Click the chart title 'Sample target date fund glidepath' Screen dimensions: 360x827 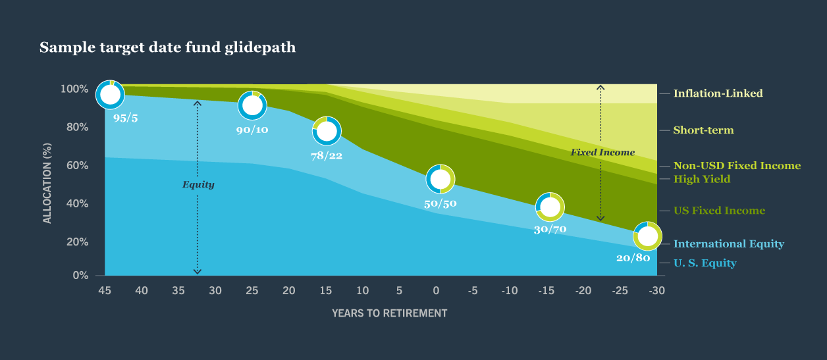(x=167, y=48)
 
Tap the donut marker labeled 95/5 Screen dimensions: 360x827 (x=111, y=95)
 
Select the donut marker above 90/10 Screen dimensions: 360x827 (x=252, y=105)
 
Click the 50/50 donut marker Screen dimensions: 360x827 (x=440, y=178)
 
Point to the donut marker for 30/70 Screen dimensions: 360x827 (x=550, y=207)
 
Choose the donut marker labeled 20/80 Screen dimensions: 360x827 (x=648, y=236)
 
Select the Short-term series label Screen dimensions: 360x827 (x=703, y=130)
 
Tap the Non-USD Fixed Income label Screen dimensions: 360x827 (x=737, y=166)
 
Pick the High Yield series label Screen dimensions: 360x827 (x=702, y=179)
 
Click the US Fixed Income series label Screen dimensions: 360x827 (x=719, y=211)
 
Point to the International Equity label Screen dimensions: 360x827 (x=728, y=244)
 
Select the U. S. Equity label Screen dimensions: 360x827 (x=705, y=263)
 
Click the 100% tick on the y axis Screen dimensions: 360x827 (x=74, y=89)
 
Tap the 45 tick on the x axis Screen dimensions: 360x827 (x=104, y=290)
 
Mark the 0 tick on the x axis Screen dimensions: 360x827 (x=435, y=290)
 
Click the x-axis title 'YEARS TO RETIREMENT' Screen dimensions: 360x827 (x=389, y=313)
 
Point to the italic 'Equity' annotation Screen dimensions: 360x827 (x=198, y=185)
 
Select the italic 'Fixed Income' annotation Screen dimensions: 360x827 (x=602, y=153)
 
